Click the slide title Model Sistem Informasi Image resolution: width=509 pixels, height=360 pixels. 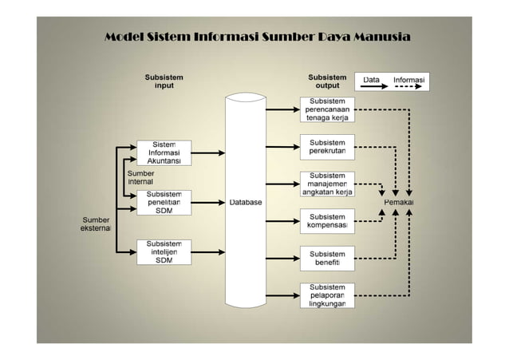point(258,38)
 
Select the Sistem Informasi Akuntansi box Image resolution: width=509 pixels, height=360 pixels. point(164,152)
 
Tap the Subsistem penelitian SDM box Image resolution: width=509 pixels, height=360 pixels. point(164,202)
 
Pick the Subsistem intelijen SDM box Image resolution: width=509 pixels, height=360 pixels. point(164,251)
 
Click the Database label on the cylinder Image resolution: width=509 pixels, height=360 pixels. point(246,203)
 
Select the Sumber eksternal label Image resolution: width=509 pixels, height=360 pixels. point(94,224)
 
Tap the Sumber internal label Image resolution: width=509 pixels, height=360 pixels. point(140,177)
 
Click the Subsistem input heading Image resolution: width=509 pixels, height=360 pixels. point(164,81)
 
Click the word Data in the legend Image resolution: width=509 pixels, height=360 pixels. point(372,80)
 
